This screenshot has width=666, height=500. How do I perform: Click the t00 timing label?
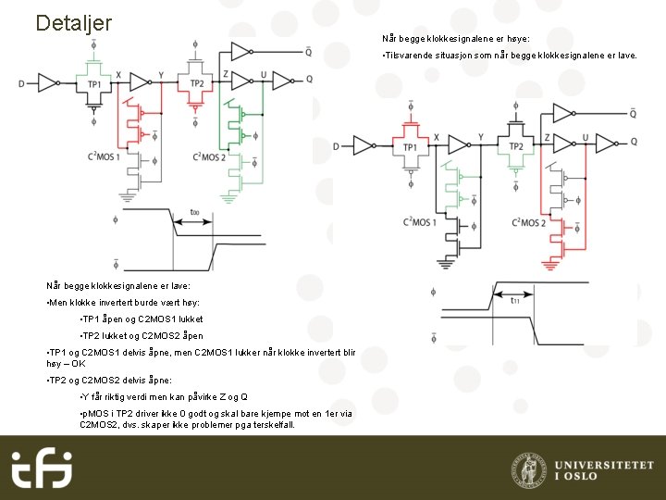point(194,212)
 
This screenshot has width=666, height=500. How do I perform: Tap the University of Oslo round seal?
point(528,469)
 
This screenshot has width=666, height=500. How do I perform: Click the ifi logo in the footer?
point(43,469)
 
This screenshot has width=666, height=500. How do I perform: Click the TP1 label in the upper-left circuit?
point(94,83)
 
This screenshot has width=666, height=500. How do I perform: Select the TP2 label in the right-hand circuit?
point(515,146)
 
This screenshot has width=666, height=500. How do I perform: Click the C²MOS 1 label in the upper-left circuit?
point(104,157)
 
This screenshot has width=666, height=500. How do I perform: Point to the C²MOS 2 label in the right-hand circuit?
point(528,222)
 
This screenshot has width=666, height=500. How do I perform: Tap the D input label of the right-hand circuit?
point(336,146)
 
